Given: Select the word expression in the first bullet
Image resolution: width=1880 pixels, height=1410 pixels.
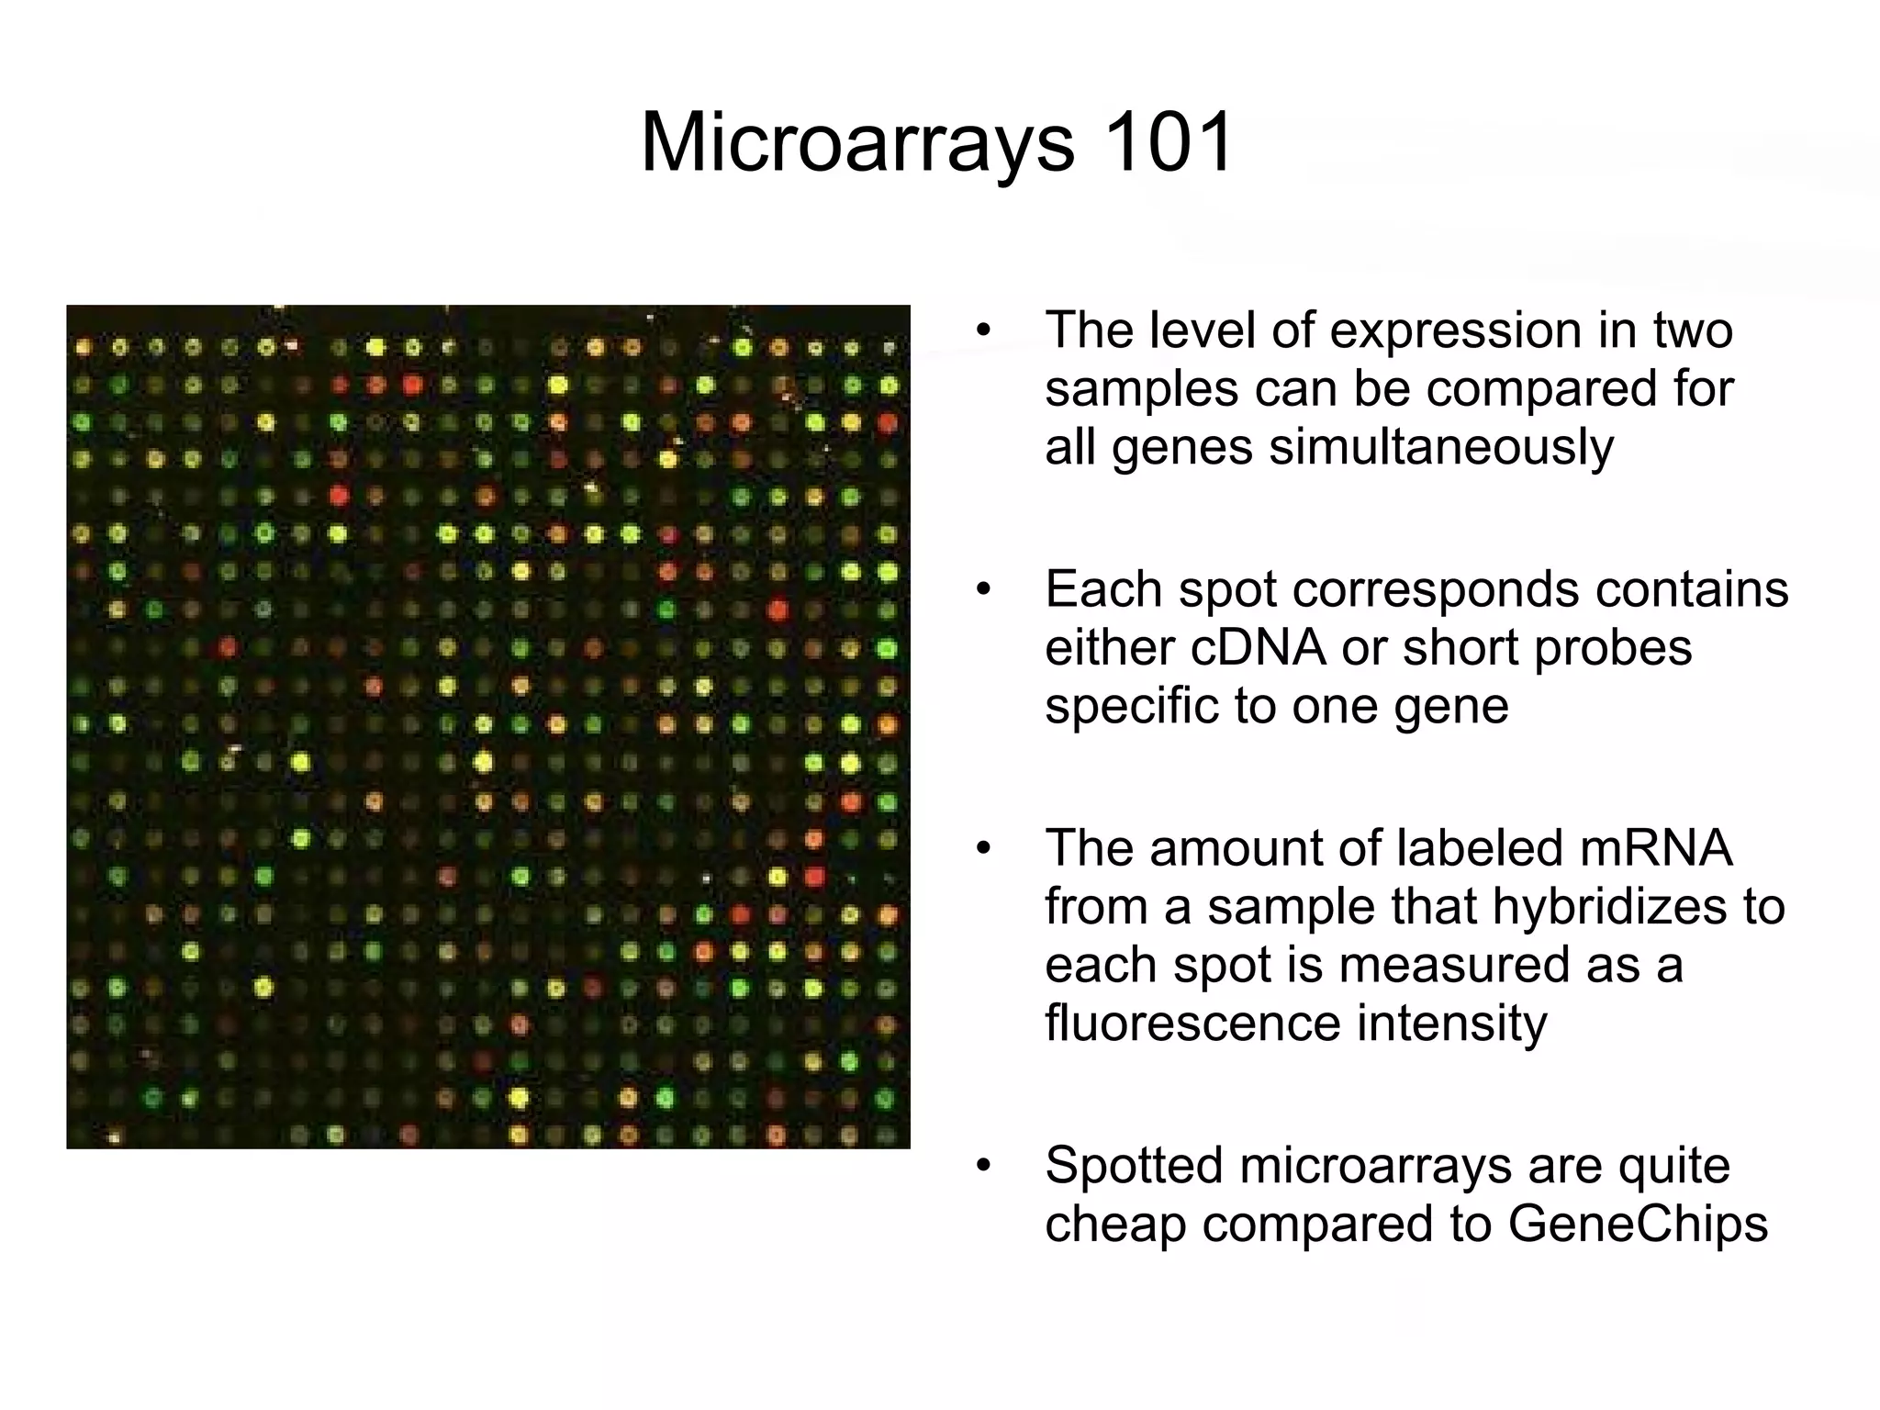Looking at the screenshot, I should point(1458,330).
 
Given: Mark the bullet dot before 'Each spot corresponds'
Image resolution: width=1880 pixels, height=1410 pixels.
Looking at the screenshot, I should point(984,590).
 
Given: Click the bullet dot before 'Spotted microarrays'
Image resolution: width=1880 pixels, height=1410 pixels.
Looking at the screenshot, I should point(984,1167).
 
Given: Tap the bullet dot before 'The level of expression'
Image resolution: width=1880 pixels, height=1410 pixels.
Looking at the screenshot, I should point(984,331).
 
